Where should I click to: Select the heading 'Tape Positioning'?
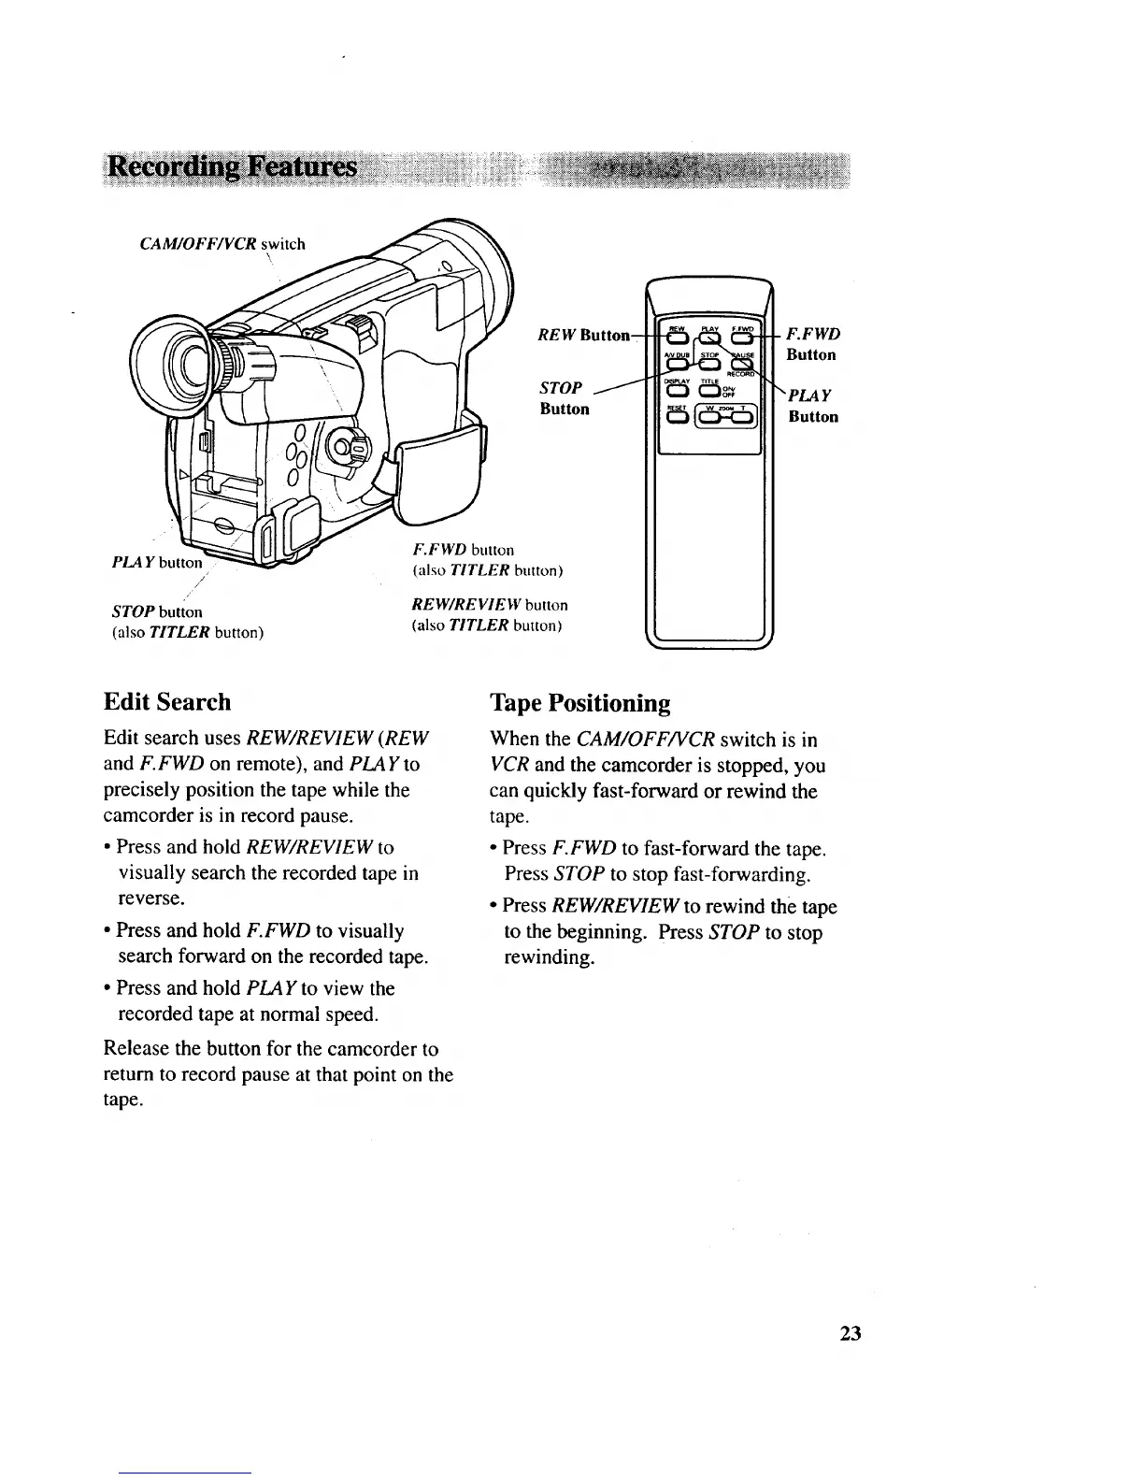(580, 702)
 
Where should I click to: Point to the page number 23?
(850, 1333)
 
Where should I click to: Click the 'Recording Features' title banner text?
(233, 168)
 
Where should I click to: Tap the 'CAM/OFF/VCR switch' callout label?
(222, 244)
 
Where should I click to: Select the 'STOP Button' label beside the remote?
(564, 398)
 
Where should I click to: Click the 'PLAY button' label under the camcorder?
(156, 562)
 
